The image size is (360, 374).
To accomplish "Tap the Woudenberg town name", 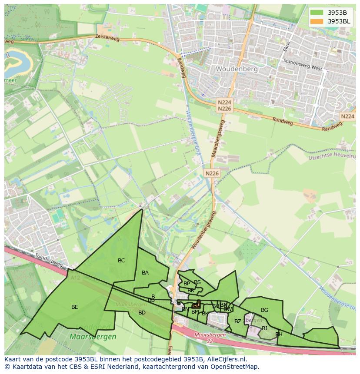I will pos(237,69).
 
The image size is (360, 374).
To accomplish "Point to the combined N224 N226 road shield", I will pos(224,105).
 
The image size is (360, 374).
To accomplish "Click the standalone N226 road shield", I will pos(212,173).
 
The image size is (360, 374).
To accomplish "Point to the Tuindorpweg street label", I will pos(49,260).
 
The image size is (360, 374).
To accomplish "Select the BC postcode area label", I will pos(121,261).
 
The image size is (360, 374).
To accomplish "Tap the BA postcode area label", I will pos(145,273).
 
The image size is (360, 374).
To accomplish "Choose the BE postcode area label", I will pos(75,307).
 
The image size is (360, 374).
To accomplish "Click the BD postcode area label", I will pos(142,313).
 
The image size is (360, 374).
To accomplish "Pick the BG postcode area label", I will pos(264,310).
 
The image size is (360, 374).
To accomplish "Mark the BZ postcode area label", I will pos(237,321).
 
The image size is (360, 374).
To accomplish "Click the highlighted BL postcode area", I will pos(197,305).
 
